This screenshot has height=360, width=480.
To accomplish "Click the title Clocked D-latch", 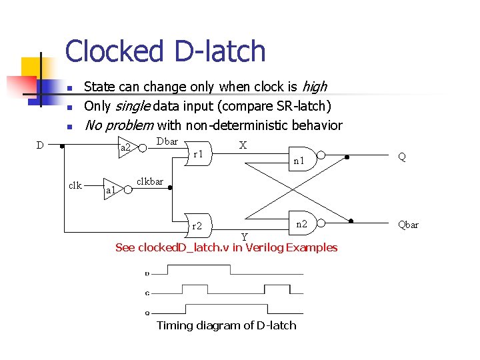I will pyautogui.click(x=165, y=52).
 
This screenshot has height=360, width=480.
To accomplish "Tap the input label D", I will pyautogui.click(x=40, y=145).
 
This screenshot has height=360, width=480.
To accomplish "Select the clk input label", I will pyautogui.click(x=75, y=185).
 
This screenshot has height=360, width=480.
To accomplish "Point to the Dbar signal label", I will pyautogui.click(x=167, y=141).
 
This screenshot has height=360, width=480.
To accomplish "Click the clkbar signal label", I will pyautogui.click(x=149, y=181).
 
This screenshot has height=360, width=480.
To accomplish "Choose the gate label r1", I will pyautogui.click(x=198, y=154).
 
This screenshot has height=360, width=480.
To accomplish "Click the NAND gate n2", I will pyautogui.click(x=301, y=224).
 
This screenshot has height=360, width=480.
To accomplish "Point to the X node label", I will pyautogui.click(x=243, y=145).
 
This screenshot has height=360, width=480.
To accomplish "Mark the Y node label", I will pyautogui.click(x=244, y=237).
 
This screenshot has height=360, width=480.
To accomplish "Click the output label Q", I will pyautogui.click(x=402, y=157).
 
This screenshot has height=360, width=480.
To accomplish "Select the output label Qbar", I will pyautogui.click(x=408, y=225).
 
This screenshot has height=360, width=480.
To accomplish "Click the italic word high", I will pyautogui.click(x=314, y=87).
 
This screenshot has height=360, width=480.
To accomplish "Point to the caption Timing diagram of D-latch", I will pyautogui.click(x=226, y=325).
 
